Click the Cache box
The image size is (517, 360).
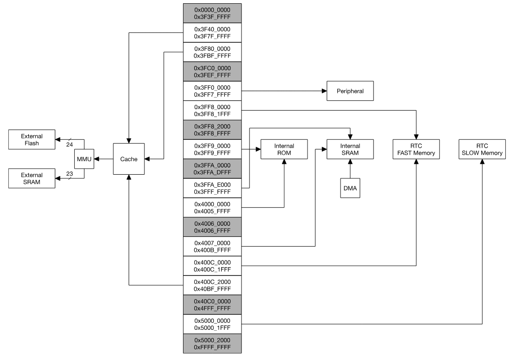point(129,159)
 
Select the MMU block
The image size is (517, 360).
point(84,159)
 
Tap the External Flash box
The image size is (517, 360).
point(32,140)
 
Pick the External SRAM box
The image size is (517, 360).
point(32,178)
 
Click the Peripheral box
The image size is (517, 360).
point(350,92)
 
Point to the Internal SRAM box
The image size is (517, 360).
point(350,149)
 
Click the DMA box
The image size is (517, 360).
point(350,189)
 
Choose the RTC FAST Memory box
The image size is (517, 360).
point(416,149)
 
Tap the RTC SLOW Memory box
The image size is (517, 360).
point(482,149)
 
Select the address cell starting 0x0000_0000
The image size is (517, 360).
point(212,13)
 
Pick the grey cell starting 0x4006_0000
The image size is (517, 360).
point(212,227)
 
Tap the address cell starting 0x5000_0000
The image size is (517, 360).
point(212,324)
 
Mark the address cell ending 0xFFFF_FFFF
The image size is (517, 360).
point(212,344)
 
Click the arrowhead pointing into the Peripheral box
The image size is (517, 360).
point(323,92)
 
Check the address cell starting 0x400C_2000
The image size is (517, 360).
point(212,285)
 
